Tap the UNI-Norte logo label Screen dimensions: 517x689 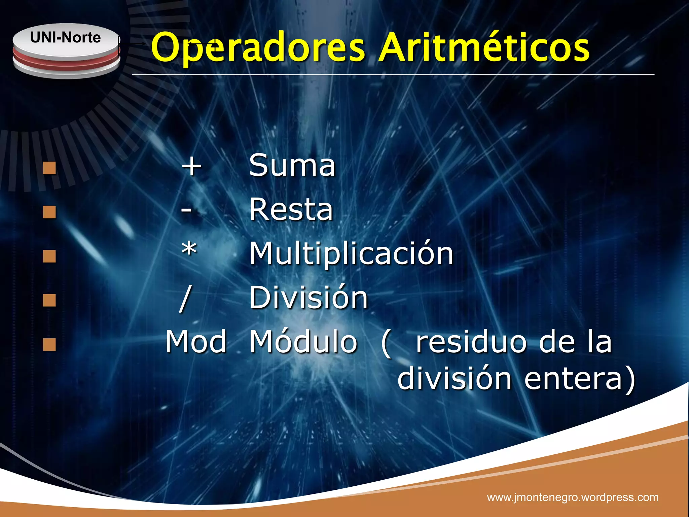(66, 38)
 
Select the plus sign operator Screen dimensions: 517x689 (191, 166)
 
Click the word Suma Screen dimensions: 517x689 (292, 165)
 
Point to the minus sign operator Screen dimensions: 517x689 (186, 210)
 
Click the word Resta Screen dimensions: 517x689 (291, 209)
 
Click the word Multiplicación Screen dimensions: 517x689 (351, 254)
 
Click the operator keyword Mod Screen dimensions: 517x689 (196, 342)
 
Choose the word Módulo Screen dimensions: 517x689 (303, 341)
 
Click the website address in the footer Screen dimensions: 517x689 (573, 497)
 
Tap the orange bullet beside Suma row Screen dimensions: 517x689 (49, 168)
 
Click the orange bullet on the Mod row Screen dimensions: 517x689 (49, 344)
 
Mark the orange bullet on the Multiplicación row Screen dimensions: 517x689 (49, 256)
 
